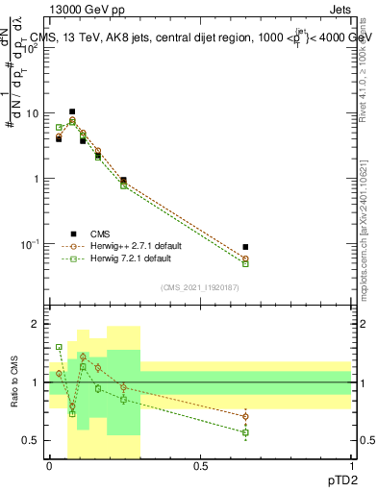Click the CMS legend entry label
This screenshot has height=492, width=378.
(100, 233)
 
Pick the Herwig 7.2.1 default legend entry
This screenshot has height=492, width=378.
(130, 258)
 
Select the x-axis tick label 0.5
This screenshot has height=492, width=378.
(200, 465)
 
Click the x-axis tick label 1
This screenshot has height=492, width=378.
(351, 465)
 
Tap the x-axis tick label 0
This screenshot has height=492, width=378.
(50, 465)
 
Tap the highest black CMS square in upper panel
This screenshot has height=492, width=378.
(72, 111)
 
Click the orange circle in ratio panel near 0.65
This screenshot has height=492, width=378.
(245, 416)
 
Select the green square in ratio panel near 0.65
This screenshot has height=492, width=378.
(245, 432)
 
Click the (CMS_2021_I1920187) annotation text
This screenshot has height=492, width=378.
(200, 286)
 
